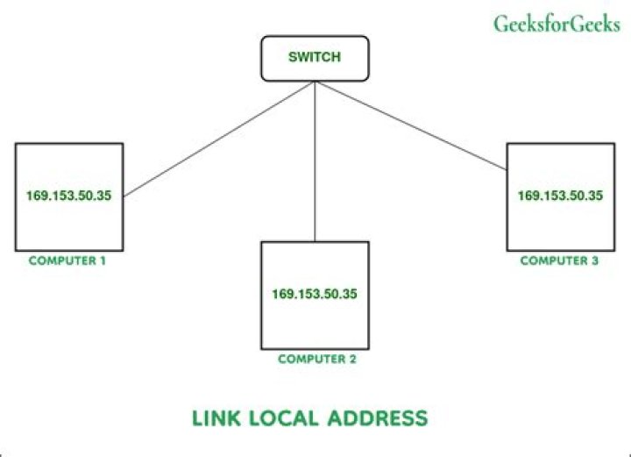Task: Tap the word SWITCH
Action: [314, 58]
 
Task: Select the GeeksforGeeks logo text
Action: [557, 24]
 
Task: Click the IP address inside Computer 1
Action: [68, 196]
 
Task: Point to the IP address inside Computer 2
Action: [315, 295]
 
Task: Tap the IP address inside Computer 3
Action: [560, 196]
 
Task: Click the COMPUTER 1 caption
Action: [67, 261]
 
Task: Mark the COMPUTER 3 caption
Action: [560, 260]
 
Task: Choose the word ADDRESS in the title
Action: [379, 418]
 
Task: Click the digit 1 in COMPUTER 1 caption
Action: [103, 261]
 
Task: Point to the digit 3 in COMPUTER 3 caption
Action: [595, 260]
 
